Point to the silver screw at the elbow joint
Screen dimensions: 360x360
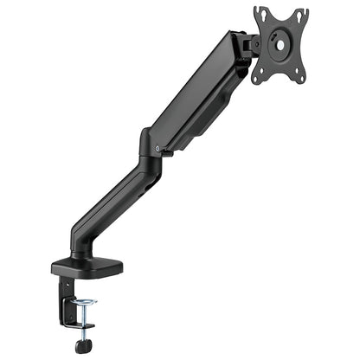tap(157, 148)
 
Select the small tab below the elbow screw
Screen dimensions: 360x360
tap(157, 159)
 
